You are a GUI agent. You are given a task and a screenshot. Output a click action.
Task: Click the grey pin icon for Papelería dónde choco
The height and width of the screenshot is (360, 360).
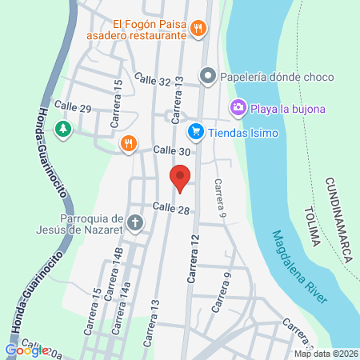click(207, 78)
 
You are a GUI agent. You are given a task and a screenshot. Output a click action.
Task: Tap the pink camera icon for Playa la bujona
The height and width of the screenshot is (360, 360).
click(238, 107)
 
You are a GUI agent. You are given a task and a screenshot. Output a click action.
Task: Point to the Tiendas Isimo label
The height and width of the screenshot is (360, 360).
click(243, 132)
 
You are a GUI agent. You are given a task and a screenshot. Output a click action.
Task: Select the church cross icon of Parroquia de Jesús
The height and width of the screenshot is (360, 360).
click(135, 222)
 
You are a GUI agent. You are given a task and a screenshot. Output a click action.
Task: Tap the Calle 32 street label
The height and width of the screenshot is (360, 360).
click(153, 80)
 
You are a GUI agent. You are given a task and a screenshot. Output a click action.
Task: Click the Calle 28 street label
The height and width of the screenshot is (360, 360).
click(170, 208)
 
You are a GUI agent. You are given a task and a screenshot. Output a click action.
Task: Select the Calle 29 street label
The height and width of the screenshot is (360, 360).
click(73, 106)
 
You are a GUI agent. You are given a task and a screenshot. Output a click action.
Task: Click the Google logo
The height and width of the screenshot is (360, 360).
click(26, 350)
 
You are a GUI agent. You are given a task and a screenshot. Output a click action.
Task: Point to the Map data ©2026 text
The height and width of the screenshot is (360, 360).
click(326, 354)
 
